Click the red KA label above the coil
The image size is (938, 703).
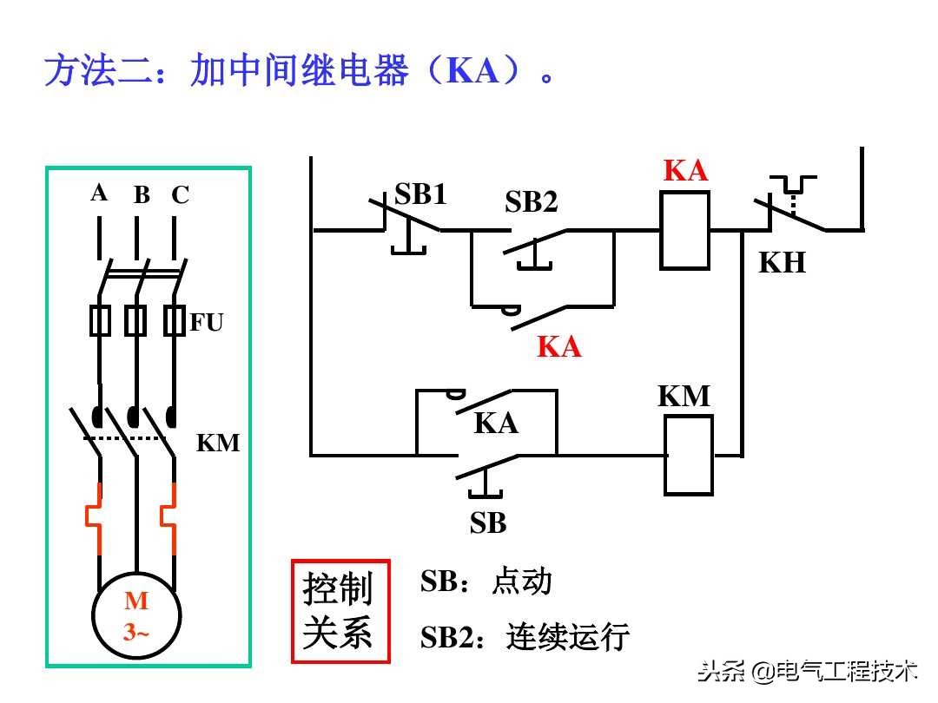tap(685, 171)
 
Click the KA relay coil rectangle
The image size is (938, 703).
tap(684, 231)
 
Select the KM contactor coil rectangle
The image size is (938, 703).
tap(688, 455)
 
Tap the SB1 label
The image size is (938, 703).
tap(420, 194)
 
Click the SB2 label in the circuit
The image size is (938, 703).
tap(531, 203)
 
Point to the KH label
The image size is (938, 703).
tap(782, 262)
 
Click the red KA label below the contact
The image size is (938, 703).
tap(558, 347)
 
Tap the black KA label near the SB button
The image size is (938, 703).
tap(495, 424)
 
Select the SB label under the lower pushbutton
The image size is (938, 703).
tap(487, 523)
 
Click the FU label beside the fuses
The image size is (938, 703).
tap(207, 323)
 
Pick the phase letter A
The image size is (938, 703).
tap(99, 193)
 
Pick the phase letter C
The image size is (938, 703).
tap(180, 195)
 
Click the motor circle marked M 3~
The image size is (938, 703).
tap(136, 615)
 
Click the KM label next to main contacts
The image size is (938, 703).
tap(217, 443)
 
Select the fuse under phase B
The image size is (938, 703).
tap(135, 320)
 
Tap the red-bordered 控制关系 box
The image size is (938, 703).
tap(340, 611)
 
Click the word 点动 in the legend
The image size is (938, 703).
tap(521, 581)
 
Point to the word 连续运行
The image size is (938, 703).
tap(567, 637)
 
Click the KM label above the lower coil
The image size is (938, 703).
tap(684, 397)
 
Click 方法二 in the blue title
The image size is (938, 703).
tap(89, 71)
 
